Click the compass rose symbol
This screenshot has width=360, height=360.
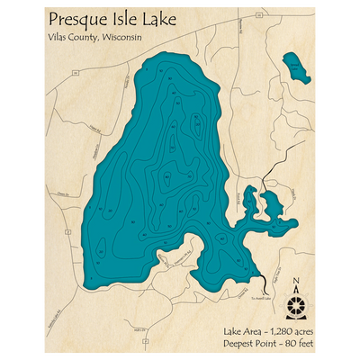coord(295,306)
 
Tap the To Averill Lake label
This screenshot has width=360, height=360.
coord(260,293)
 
